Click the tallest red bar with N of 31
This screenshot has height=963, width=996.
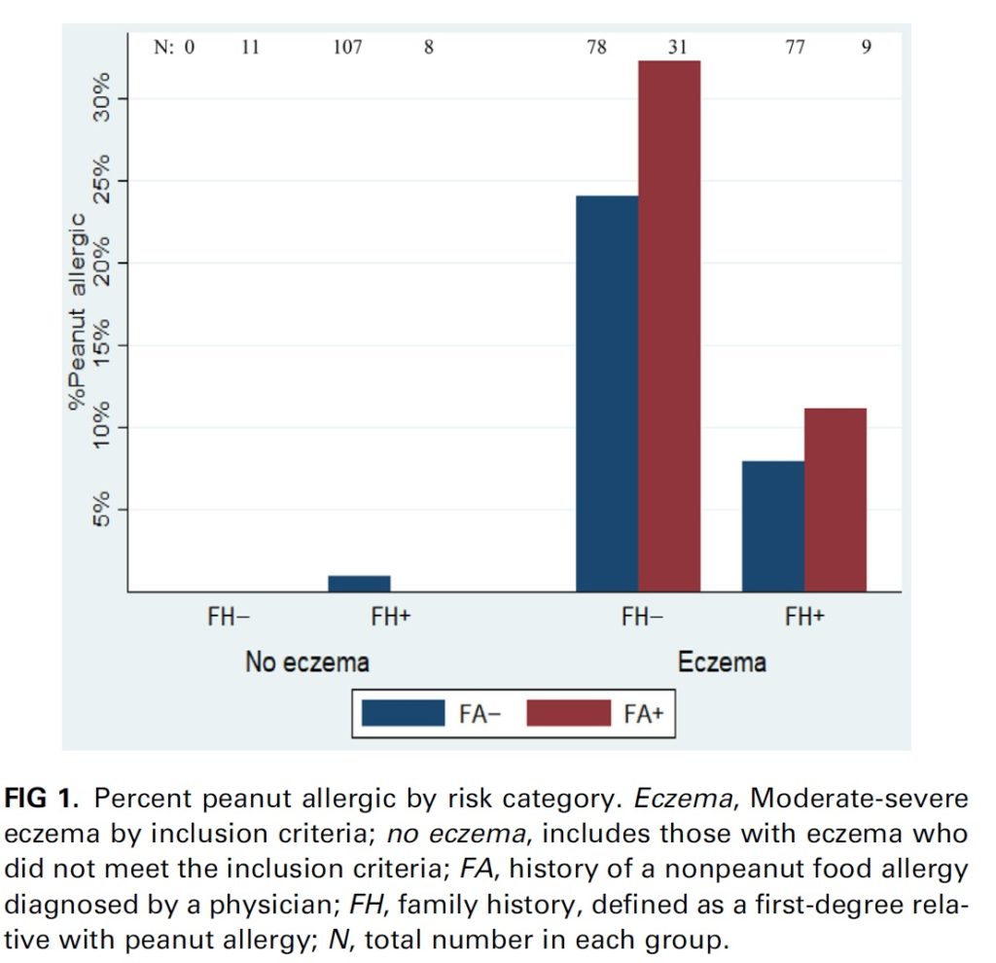(669, 326)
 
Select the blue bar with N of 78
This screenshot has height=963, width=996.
(607, 393)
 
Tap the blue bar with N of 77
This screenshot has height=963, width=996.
(772, 525)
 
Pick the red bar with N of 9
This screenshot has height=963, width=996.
(835, 499)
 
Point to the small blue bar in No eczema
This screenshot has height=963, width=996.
(359, 584)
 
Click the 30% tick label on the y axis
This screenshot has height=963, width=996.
(102, 99)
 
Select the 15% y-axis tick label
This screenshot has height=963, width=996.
(102, 345)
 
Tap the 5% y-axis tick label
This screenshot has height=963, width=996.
(102, 509)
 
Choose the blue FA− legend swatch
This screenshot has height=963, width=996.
(403, 713)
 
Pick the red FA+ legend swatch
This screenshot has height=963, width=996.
(568, 713)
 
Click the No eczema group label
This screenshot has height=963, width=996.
(307, 663)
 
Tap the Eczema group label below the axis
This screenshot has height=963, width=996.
(722, 663)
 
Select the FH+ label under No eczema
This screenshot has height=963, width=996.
(390, 617)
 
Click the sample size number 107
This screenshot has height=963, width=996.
(347, 47)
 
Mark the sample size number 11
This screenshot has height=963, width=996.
(250, 47)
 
